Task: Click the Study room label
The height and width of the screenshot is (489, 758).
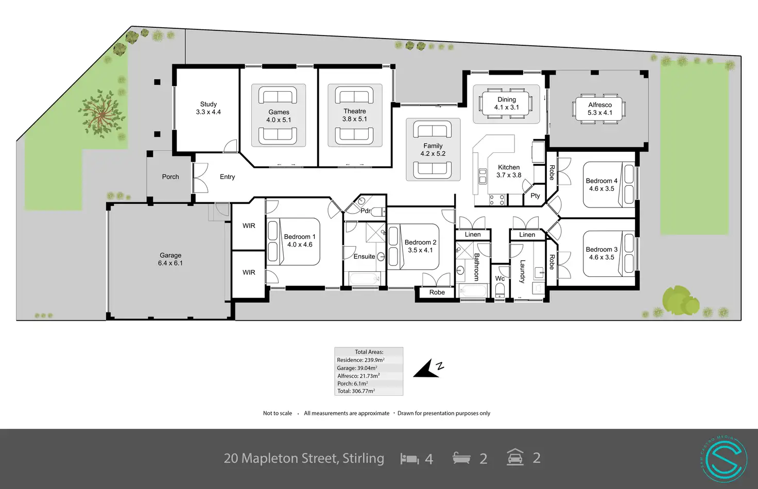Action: tap(208, 108)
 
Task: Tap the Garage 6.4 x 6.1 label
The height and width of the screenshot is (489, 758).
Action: tap(170, 259)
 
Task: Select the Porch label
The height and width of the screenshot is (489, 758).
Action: tap(170, 177)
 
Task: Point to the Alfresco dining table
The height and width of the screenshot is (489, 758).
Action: tap(599, 109)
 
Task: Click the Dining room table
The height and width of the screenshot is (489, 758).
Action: tap(506, 103)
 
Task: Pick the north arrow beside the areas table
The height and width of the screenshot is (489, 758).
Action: tap(428, 369)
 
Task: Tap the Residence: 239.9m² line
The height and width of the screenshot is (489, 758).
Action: tap(361, 360)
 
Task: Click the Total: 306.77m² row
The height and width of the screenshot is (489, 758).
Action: tap(356, 391)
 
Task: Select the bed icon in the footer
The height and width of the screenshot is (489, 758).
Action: tap(409, 458)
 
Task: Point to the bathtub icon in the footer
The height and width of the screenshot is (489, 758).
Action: tap(461, 458)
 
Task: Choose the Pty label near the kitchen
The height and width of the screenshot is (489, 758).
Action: tap(535, 196)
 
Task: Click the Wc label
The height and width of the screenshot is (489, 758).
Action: tap(499, 278)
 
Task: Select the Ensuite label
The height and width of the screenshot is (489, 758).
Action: tap(364, 256)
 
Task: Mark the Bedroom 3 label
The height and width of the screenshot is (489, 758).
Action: tap(601, 253)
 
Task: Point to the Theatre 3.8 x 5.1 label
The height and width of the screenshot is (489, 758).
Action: tap(355, 115)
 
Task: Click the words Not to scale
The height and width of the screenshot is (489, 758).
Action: tap(278, 413)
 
